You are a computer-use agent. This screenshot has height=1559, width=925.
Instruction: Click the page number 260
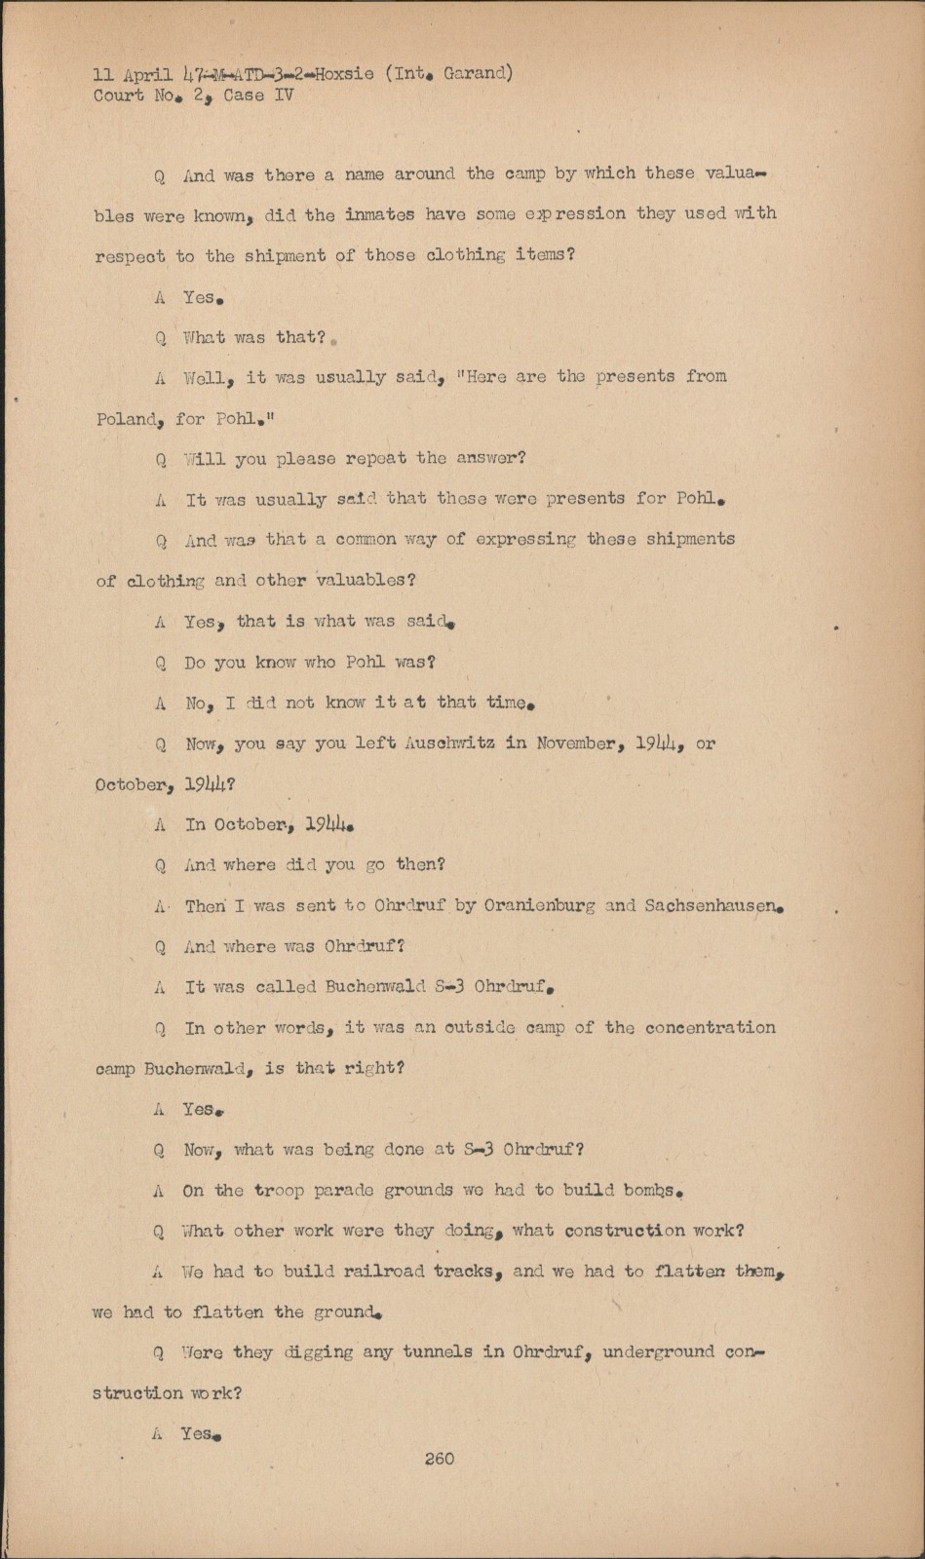tap(439, 1459)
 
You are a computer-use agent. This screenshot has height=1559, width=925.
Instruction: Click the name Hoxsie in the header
tap(344, 73)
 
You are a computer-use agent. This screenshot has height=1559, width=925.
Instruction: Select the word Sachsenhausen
tap(713, 905)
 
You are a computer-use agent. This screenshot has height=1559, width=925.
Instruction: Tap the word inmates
tap(379, 214)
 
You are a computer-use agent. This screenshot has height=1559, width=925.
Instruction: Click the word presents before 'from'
tap(635, 376)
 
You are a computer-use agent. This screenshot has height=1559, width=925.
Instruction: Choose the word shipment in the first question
tap(284, 255)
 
